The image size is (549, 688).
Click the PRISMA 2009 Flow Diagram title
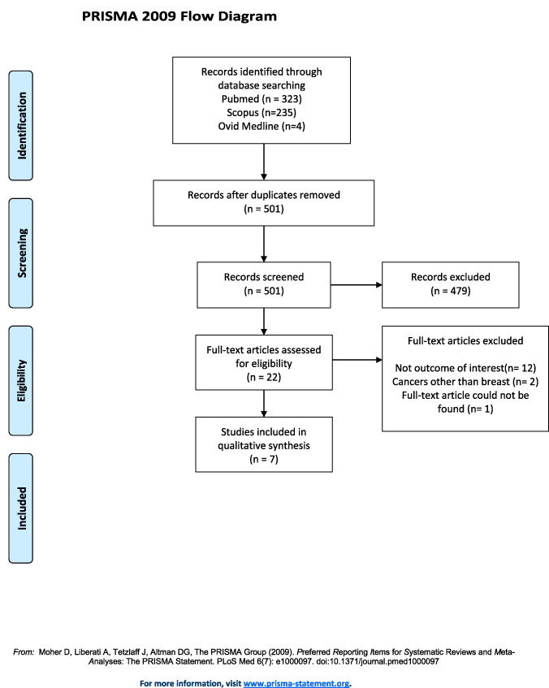(x=179, y=17)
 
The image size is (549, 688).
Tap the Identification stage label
(x=20, y=125)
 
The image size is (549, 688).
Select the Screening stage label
(x=20, y=253)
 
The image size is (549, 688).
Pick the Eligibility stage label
(x=20, y=381)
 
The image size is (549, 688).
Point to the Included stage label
(x=20, y=508)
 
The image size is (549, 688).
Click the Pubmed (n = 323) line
(x=262, y=99)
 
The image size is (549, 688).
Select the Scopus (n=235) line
(x=262, y=113)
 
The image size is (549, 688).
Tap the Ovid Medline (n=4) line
(x=262, y=127)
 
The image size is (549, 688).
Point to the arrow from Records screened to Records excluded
(x=357, y=285)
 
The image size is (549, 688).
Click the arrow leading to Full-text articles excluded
(x=357, y=360)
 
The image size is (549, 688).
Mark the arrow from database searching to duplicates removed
(x=264, y=162)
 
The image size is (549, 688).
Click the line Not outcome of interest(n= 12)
(x=465, y=368)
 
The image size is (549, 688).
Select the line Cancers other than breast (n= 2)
(x=465, y=382)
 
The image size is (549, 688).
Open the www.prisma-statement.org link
(x=296, y=683)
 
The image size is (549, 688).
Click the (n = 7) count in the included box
(x=264, y=460)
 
